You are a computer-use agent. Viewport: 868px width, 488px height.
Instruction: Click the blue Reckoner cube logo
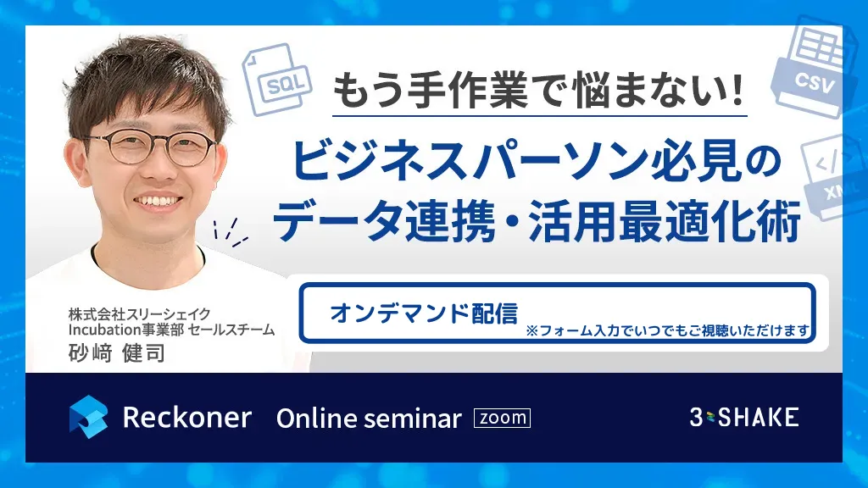pyautogui.click(x=88, y=417)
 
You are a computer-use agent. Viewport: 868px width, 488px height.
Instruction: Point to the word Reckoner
pyautogui.click(x=187, y=417)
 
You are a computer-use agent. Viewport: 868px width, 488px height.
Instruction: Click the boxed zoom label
pyautogui.click(x=502, y=418)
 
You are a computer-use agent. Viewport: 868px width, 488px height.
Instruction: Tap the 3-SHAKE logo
pyautogui.click(x=744, y=417)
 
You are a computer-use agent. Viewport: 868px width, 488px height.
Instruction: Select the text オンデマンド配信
pyautogui.click(x=424, y=313)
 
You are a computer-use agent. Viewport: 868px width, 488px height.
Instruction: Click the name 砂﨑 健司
pyautogui.click(x=117, y=353)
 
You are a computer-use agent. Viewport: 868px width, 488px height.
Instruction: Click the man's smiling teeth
pyautogui.click(x=157, y=200)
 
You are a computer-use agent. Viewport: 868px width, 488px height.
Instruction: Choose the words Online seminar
pyautogui.click(x=369, y=419)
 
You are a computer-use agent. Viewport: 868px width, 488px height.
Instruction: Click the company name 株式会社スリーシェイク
pyautogui.click(x=140, y=314)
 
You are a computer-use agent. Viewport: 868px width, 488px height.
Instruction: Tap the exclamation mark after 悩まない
pyautogui.click(x=737, y=90)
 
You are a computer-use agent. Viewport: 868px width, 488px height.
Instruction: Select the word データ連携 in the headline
pyautogui.click(x=384, y=221)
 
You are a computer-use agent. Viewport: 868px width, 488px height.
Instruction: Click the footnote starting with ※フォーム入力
pyautogui.click(x=668, y=331)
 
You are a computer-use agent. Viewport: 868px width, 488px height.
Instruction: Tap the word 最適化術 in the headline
pyautogui.click(x=709, y=221)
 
